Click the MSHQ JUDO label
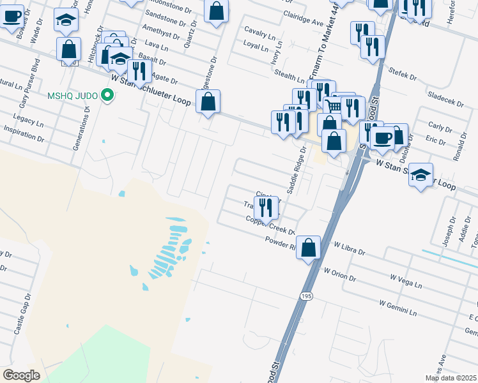pos(73,96)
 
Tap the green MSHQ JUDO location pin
pos(107,96)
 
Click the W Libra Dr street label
pos(349,248)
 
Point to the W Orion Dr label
pos(339,275)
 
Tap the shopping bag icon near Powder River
pos(308,248)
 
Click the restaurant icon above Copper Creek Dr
pos(266,207)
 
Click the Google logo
pos(22,375)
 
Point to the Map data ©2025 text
pos(451,378)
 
